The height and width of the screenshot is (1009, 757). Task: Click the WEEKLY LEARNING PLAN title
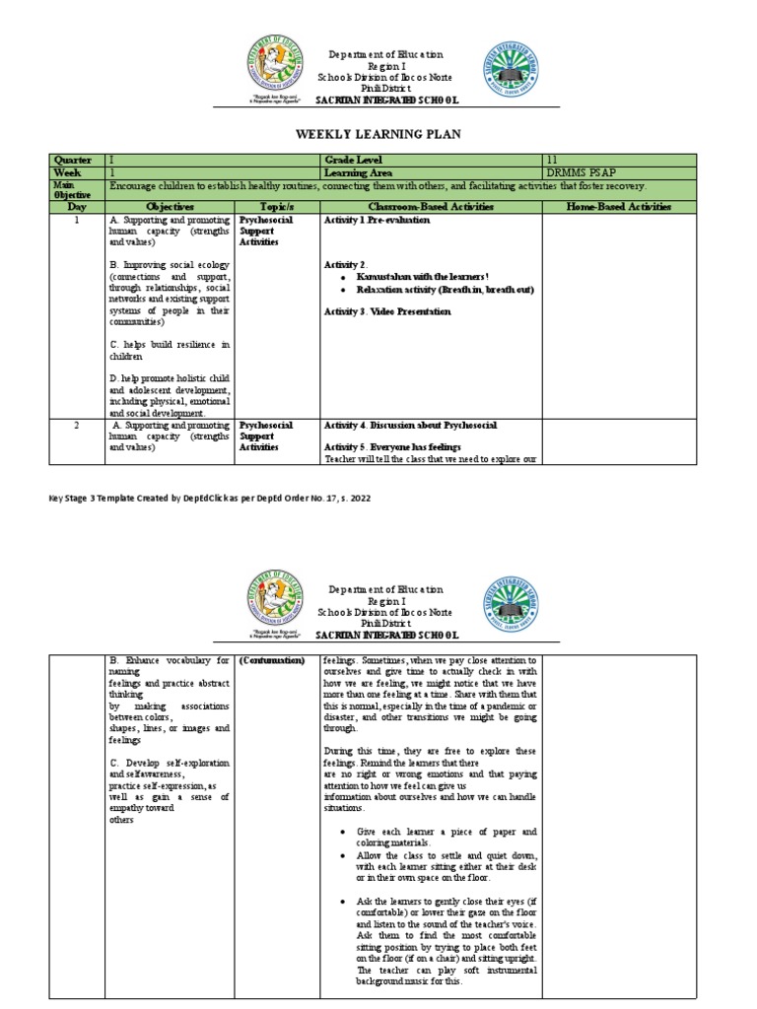tap(378, 133)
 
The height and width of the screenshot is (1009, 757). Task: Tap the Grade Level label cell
tap(356, 160)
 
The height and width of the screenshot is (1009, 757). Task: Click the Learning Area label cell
tap(361, 172)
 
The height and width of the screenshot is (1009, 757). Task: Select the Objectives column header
tap(169, 207)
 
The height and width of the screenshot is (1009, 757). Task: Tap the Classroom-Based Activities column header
tap(430, 207)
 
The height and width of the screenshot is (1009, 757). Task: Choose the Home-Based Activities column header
tap(619, 207)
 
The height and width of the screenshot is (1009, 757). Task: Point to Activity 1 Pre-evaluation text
tap(377, 221)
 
